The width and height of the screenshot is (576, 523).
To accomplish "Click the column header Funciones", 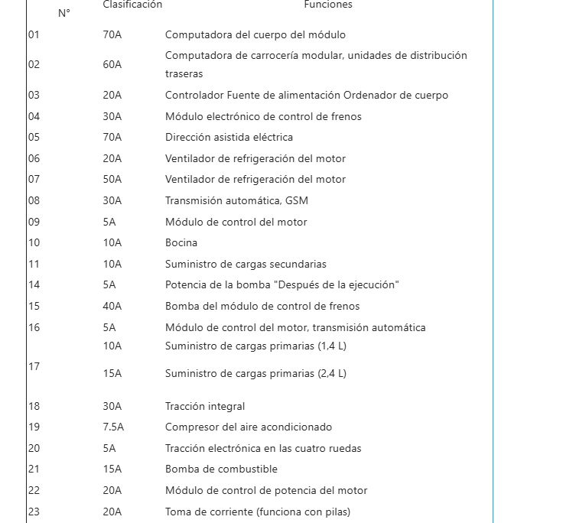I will click(328, 5).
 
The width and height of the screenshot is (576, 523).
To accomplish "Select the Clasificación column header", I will click(132, 5).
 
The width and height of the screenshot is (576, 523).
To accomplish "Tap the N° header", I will click(64, 13).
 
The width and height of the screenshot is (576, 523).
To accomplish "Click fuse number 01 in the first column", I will click(34, 34).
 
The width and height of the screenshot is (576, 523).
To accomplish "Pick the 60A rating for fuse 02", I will click(112, 64).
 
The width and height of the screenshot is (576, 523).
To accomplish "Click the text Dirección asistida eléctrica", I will click(229, 137).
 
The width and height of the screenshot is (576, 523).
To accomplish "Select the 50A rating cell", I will click(112, 179).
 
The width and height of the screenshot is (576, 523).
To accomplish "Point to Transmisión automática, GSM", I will click(236, 200).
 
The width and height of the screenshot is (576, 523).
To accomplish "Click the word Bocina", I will click(181, 242).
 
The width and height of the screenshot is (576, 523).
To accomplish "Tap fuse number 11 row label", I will click(34, 264).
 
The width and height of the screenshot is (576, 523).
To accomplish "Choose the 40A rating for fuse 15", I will click(112, 306).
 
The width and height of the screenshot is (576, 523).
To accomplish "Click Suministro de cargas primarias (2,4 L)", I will click(255, 374).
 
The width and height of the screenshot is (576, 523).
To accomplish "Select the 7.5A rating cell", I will click(113, 427).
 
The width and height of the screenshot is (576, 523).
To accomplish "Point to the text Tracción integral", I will click(205, 406).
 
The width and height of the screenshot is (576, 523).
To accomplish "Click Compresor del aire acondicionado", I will click(249, 427).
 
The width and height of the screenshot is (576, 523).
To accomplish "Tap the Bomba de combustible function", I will click(221, 469).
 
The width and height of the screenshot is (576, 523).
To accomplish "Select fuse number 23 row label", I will click(34, 512).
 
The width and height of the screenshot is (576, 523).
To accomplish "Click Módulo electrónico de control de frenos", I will click(263, 116).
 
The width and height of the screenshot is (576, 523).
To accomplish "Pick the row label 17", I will click(34, 366).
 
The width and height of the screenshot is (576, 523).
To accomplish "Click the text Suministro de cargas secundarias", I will click(246, 264).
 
